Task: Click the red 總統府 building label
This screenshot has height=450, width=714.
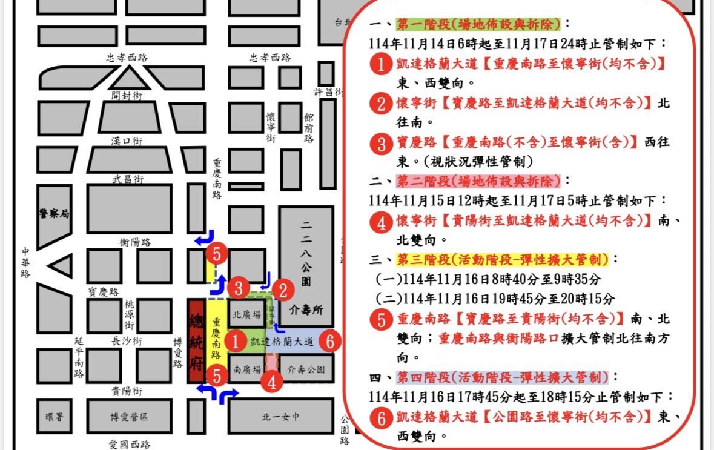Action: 196,339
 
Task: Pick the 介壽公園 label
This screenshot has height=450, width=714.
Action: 306,369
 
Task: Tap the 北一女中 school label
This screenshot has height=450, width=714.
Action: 280,417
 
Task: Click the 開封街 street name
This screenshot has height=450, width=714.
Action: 127,96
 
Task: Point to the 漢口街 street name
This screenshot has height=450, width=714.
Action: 127,141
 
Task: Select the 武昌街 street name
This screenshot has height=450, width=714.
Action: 127,179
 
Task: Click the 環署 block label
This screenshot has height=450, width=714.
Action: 54,417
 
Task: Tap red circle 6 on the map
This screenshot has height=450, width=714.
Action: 329,342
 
